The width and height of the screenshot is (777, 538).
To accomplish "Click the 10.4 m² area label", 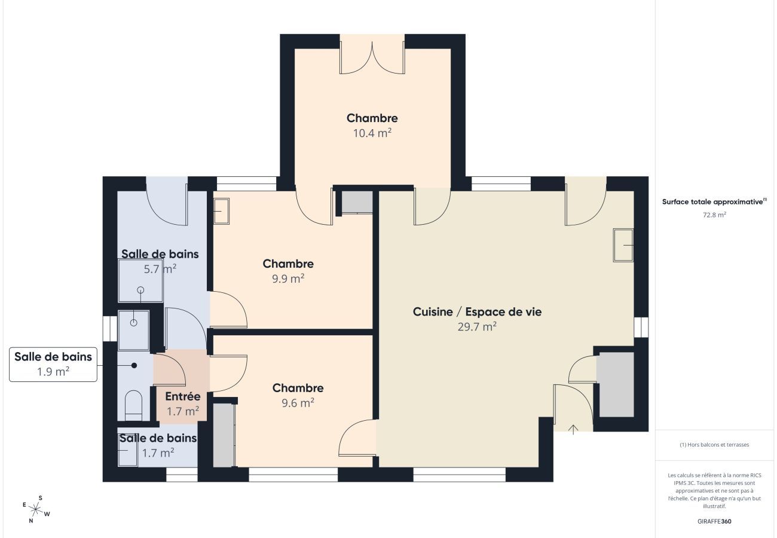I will [x=372, y=133].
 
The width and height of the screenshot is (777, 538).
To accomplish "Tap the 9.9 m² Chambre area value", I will [x=288, y=279].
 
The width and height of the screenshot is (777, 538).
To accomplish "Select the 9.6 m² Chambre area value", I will [x=298, y=403].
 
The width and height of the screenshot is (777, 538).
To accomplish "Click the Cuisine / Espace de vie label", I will [x=477, y=311].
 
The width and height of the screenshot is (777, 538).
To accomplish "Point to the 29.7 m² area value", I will [x=477, y=326].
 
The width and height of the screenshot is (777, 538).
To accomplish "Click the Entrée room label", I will [x=182, y=396].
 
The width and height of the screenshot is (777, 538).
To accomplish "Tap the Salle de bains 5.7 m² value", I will [x=160, y=269].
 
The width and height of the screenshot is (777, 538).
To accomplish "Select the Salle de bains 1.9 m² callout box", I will [x=53, y=364].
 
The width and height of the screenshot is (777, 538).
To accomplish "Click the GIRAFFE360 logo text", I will [x=714, y=521].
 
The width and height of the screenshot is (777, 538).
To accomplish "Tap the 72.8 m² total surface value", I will [x=714, y=214].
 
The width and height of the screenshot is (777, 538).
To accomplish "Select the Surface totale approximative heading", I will [x=714, y=202].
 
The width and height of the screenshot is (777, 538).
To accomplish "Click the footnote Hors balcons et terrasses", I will [x=714, y=445].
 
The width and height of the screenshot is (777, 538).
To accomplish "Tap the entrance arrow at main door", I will [x=573, y=429].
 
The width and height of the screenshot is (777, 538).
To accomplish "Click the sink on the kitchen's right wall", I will [x=623, y=245].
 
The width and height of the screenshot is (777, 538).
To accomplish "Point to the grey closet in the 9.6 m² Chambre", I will [x=224, y=435].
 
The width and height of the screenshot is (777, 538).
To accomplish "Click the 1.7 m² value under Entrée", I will [x=182, y=411].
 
